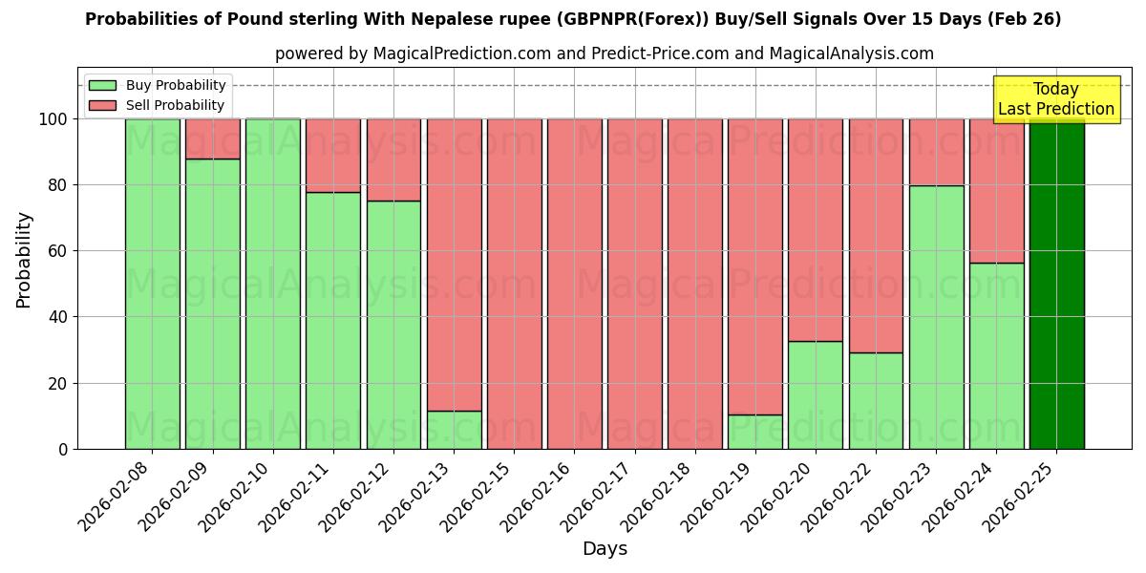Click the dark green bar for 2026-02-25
tap(1056, 284)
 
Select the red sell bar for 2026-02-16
tap(574, 284)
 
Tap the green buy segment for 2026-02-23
tap(936, 317)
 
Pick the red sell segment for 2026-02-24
tap(996, 191)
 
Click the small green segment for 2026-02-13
tap(454, 430)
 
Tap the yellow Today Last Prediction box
tap(1055, 99)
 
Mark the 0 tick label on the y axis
tap(63, 449)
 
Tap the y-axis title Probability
tap(24, 260)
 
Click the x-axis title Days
tap(605, 549)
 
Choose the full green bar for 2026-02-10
tap(272, 284)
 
